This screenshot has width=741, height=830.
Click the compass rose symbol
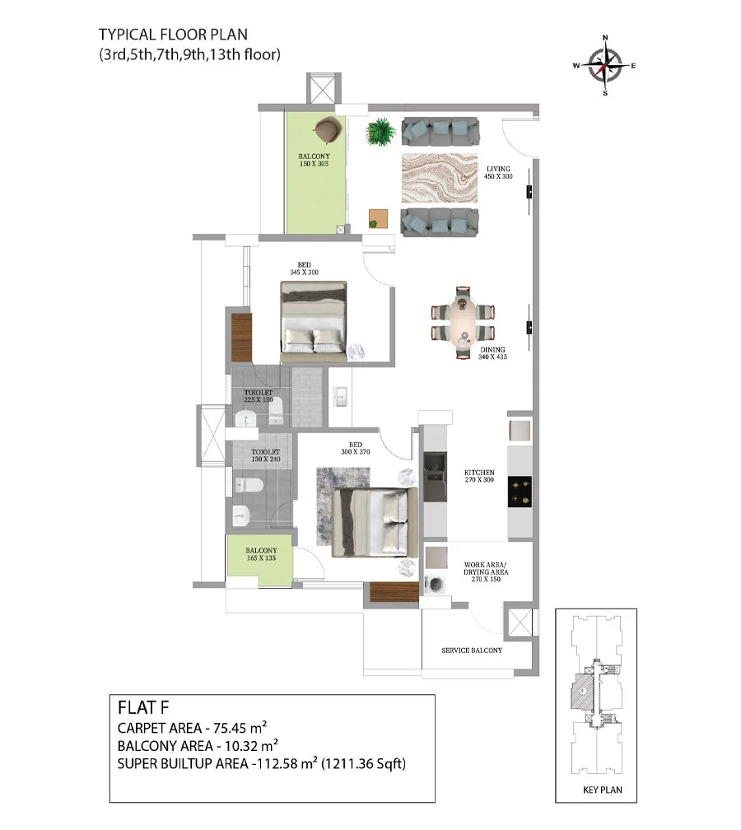tap(605, 66)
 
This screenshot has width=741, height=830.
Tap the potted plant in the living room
tap(380, 131)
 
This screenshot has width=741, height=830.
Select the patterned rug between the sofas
tap(440, 179)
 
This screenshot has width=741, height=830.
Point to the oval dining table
tap(463, 323)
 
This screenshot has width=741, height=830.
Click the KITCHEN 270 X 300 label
tap(479, 476)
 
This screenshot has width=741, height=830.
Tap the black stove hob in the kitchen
tap(520, 492)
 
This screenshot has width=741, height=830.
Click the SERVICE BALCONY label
tap(472, 650)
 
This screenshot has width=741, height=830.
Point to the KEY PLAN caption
tap(603, 790)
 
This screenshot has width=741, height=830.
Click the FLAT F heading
tap(143, 708)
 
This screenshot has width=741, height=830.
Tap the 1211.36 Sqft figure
tap(364, 764)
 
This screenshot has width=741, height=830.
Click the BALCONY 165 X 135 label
tap(261, 554)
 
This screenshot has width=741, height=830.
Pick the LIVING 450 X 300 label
tap(498, 173)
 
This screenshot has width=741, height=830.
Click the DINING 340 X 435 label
tap(492, 353)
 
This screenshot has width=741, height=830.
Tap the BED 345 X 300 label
tap(304, 268)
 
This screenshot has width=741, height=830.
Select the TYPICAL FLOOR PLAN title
tap(173, 35)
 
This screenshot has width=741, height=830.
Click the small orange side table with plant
tap(379, 219)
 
